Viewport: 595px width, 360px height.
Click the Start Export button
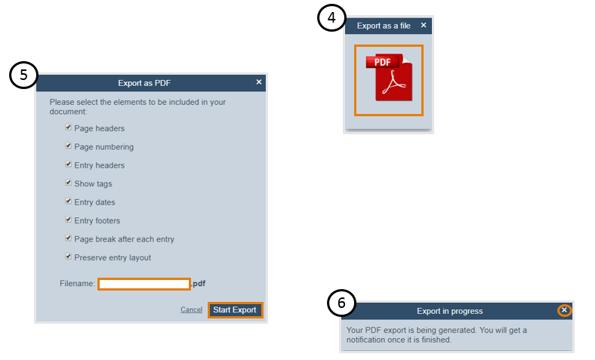[235, 310]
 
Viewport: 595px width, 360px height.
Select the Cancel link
[191, 309]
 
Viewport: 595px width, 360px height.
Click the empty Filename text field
[143, 284]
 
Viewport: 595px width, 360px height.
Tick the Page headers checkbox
[68, 128]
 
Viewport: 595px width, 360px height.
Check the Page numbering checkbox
[68, 146]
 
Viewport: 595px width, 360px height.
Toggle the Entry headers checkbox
[68, 165]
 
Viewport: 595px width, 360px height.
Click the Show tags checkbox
[68, 183]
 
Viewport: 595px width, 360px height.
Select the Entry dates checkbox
[68, 201]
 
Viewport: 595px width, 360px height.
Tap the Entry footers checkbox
[68, 220]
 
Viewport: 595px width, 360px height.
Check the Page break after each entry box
[68, 238]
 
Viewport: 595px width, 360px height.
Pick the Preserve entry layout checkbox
[68, 257]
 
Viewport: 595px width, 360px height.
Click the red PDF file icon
[389, 78]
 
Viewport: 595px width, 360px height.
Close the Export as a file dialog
[424, 25]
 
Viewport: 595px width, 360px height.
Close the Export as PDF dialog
[259, 82]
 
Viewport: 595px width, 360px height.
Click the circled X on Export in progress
[564, 310]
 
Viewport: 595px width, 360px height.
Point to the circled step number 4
[331, 18]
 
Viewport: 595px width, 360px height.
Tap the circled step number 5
[23, 75]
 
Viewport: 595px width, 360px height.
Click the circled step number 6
[341, 303]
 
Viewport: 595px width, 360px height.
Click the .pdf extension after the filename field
[199, 284]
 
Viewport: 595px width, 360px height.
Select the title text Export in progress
[450, 311]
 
